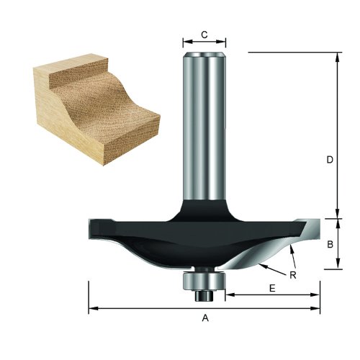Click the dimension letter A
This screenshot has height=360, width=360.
pos(204,318)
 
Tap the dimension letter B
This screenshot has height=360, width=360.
pos(329,244)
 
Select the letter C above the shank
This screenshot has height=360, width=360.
pos(204,34)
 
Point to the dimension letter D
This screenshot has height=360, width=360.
pos(329,161)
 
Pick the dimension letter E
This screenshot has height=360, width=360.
pos(271,287)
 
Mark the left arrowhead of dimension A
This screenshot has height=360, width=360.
pos(92,310)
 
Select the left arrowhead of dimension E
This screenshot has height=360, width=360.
pos(230,294)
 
